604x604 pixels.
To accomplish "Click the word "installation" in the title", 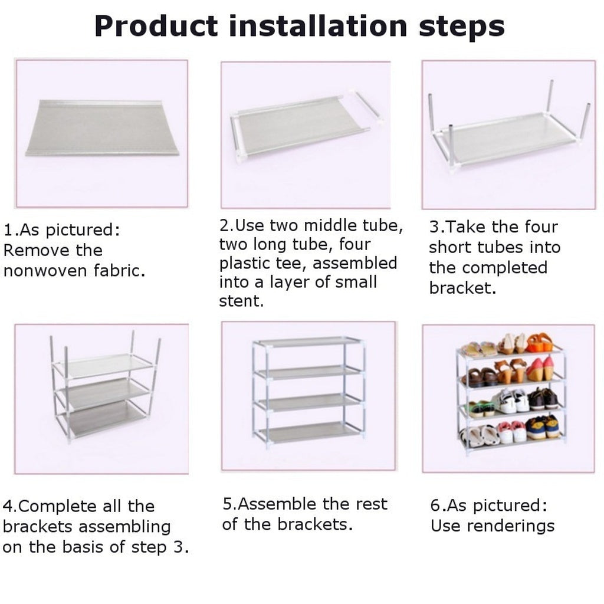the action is click(x=318, y=26).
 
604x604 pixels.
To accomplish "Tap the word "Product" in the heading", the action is click(x=156, y=26).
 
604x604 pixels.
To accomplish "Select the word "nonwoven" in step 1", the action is click(x=45, y=270).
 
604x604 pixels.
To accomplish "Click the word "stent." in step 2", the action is click(x=241, y=301).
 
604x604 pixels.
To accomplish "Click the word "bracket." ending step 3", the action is click(x=462, y=288).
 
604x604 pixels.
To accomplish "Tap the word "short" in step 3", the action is click(x=450, y=247).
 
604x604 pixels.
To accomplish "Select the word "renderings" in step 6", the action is click(x=511, y=526).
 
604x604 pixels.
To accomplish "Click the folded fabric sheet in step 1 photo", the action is click(x=101, y=128).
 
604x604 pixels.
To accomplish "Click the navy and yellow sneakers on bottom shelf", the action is click(x=543, y=427).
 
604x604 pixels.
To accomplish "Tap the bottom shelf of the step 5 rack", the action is click(x=309, y=432).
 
